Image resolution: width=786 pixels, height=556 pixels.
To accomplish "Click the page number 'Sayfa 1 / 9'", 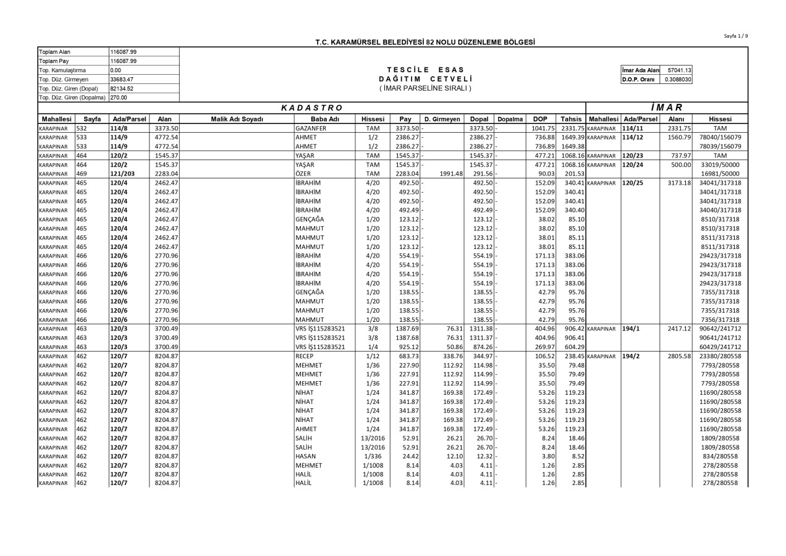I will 735,36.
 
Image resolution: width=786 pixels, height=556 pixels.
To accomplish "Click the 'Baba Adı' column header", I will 325,119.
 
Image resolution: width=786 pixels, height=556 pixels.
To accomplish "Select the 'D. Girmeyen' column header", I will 442,119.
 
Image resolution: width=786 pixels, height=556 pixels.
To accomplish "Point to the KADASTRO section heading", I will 311,108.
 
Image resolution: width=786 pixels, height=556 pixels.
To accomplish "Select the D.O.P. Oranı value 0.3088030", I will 678,79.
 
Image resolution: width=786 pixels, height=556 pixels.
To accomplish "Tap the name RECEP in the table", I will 305,356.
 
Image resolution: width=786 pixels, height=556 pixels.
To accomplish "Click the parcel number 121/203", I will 123,174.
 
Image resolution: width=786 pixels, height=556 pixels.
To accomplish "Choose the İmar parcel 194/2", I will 630,356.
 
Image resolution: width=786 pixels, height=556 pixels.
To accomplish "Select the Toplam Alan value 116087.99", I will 123,51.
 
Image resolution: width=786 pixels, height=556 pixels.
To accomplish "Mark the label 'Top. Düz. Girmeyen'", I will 64,79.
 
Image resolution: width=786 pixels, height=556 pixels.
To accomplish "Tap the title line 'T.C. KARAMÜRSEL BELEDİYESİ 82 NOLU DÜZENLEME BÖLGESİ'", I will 425,42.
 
